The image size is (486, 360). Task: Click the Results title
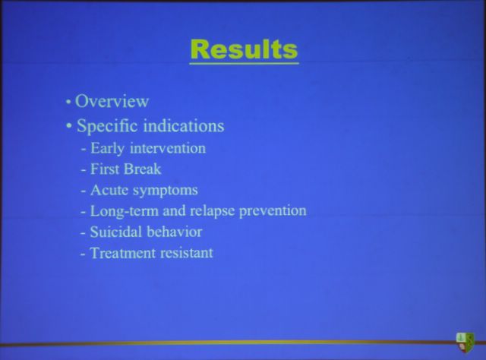click(245, 49)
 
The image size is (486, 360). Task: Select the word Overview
click(112, 101)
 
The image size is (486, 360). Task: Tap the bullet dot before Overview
click(68, 102)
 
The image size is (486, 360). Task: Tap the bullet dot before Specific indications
click(69, 126)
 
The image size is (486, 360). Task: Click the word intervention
click(168, 148)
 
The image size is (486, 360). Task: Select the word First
click(104, 169)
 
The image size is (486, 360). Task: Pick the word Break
click(142, 169)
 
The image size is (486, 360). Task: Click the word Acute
click(109, 190)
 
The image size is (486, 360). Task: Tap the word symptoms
click(166, 191)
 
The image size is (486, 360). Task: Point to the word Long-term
click(124, 211)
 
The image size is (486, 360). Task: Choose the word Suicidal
click(115, 232)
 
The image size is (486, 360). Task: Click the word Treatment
click(122, 253)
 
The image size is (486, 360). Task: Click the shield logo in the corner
click(465, 342)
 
